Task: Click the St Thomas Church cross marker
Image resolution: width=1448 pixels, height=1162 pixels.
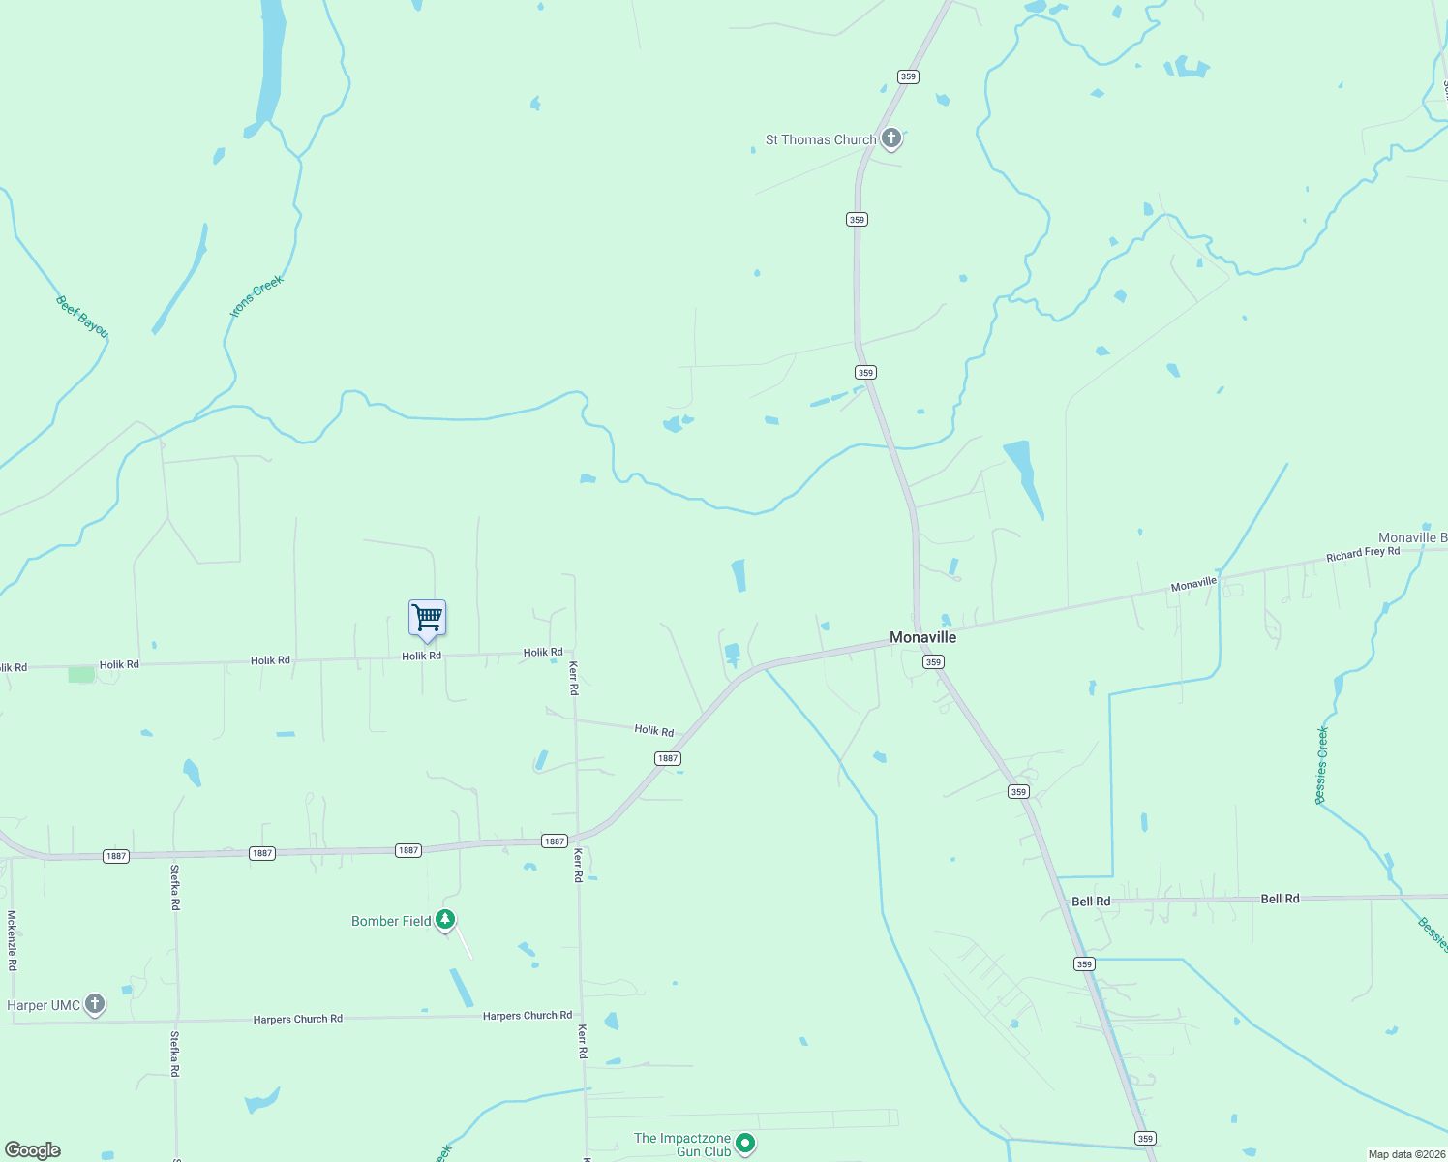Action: pyautogui.click(x=891, y=138)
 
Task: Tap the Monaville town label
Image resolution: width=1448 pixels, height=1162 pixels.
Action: pyautogui.click(x=922, y=637)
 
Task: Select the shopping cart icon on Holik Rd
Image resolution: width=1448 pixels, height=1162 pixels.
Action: pyautogui.click(x=427, y=618)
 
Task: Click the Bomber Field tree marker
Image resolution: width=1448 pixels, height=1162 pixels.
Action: pyautogui.click(x=445, y=920)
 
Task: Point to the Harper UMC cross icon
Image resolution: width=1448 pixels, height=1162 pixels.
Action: pyautogui.click(x=95, y=1004)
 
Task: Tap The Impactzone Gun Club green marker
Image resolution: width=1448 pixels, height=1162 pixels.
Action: pyautogui.click(x=745, y=1144)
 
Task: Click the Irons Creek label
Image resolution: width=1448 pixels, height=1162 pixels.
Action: pyautogui.click(x=256, y=295)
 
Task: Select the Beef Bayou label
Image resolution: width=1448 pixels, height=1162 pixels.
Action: pyautogui.click(x=82, y=317)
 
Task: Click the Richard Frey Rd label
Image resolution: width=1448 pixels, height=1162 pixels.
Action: pyautogui.click(x=1363, y=554)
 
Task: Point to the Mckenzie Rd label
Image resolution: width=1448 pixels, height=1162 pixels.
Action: pyautogui.click(x=13, y=940)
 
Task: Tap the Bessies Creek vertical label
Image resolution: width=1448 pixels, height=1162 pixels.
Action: pyautogui.click(x=1322, y=765)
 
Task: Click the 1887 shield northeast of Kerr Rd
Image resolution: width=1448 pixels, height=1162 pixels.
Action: pyautogui.click(x=668, y=758)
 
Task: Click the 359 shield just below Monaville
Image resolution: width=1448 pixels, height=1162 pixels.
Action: pyautogui.click(x=933, y=662)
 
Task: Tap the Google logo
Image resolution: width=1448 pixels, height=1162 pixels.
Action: pyautogui.click(x=33, y=1150)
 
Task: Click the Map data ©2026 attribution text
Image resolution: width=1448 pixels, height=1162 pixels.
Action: pyautogui.click(x=1405, y=1154)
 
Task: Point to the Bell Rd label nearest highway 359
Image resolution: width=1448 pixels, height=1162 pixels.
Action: pyautogui.click(x=1091, y=902)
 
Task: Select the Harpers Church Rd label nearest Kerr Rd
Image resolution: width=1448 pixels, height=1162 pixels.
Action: pyautogui.click(x=528, y=1016)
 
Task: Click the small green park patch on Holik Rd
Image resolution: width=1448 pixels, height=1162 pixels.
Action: pyautogui.click(x=81, y=675)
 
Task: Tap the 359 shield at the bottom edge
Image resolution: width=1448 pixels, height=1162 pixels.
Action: pyautogui.click(x=1146, y=1139)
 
